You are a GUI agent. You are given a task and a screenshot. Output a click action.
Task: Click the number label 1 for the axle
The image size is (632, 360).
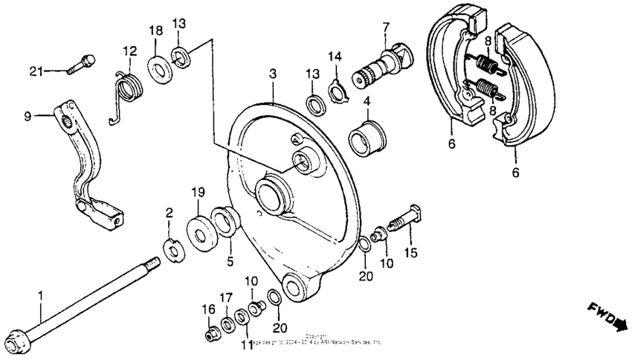point(42,295)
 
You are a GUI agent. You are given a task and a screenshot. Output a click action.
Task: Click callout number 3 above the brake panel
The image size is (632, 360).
point(273,74)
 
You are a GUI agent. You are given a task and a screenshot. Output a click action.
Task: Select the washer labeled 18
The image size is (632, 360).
point(158,65)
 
